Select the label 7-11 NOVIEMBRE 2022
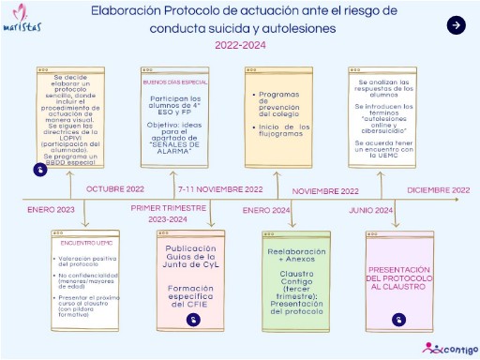pos(219,189)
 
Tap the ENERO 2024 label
pos(267,209)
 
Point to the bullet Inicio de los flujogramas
pos(279,127)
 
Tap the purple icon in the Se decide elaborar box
pos(40,170)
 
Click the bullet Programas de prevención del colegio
pos(279,101)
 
